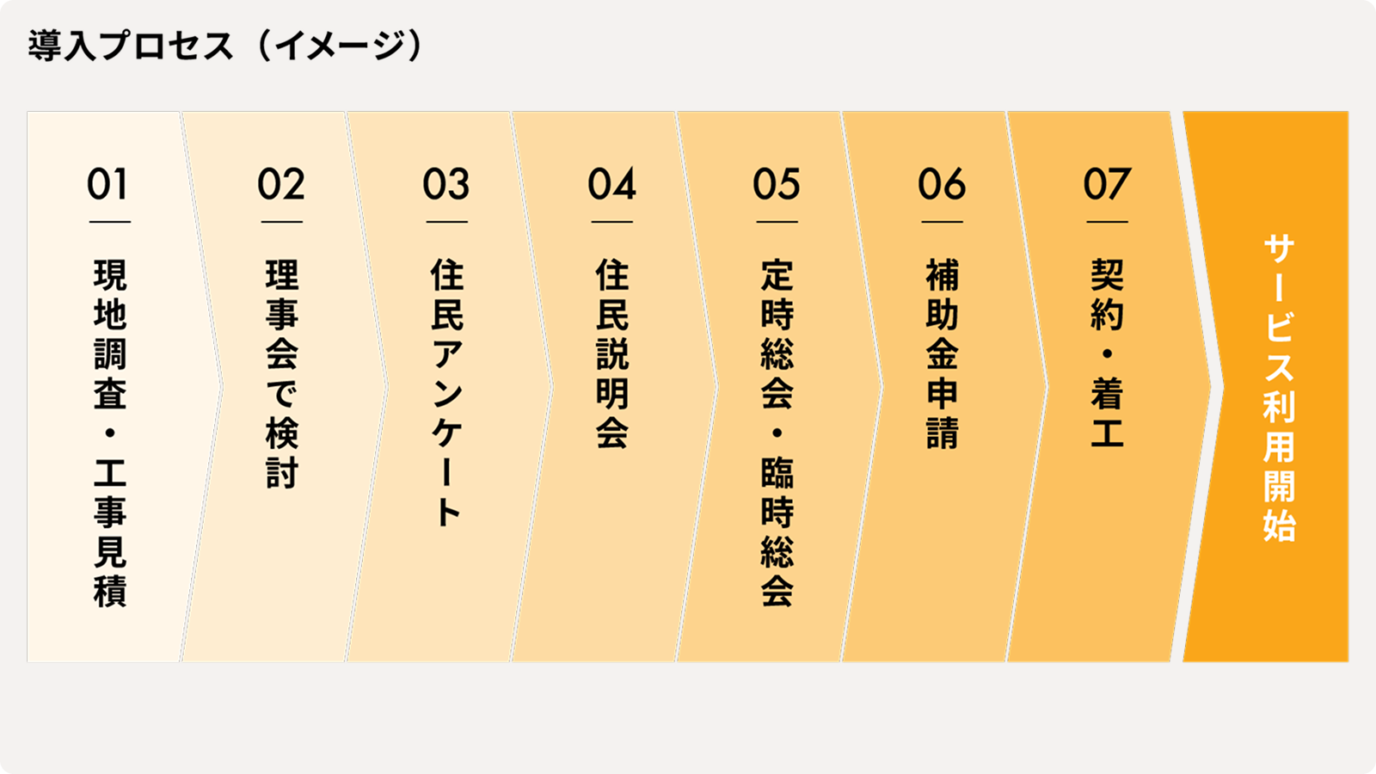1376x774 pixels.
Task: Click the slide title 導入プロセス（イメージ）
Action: [x=225, y=46]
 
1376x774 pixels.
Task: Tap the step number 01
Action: [x=108, y=185]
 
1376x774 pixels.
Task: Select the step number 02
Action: [x=281, y=185]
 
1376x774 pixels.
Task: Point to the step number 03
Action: [x=446, y=185]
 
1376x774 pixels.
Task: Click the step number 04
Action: [x=611, y=185]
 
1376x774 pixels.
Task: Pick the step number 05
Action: [x=777, y=185]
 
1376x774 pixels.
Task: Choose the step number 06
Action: [x=942, y=185]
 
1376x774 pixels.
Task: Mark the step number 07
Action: [x=1107, y=185]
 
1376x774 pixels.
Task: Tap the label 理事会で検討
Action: [x=281, y=373]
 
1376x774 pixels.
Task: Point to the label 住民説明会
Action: [x=612, y=353]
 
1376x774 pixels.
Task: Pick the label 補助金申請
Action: [x=943, y=353]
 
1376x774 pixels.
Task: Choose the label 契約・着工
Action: [x=1108, y=353]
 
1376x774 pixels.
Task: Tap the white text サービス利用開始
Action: [x=1279, y=387]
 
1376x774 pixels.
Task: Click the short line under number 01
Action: [x=109, y=222]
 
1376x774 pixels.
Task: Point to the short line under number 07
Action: [x=1107, y=222]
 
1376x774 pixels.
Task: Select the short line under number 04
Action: [x=611, y=222]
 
